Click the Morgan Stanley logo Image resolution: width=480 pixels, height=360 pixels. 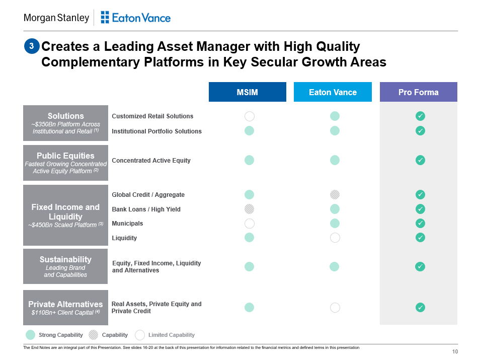coord(56,18)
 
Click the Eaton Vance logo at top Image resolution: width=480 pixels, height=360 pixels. coord(135,18)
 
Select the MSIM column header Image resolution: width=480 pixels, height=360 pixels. coord(247,92)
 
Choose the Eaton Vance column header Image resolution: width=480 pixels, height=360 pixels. coord(333,92)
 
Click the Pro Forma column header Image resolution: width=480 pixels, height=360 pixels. coord(418,92)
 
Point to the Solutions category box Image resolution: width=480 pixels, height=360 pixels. coord(65,123)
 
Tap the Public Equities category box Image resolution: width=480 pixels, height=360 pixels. coord(65,163)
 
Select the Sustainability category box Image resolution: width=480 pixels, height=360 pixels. coord(65,266)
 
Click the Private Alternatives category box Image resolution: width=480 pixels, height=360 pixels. coord(65,308)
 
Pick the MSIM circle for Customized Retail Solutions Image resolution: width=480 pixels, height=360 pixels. coord(249,116)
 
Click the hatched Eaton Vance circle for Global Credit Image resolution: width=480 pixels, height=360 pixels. coord(335,194)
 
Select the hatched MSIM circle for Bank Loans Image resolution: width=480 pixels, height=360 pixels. coord(249,209)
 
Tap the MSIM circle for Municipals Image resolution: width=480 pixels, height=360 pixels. coord(249,223)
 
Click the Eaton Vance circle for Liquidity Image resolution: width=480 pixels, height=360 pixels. coord(335,238)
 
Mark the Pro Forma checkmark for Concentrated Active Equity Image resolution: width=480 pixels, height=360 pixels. coord(420,160)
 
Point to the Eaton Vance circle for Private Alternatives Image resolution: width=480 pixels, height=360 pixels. coord(335,308)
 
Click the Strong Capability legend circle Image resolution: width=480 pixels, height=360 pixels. coord(30,335)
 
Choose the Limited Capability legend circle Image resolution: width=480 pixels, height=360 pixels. coord(140,335)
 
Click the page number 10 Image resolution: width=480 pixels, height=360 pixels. coord(455,351)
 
